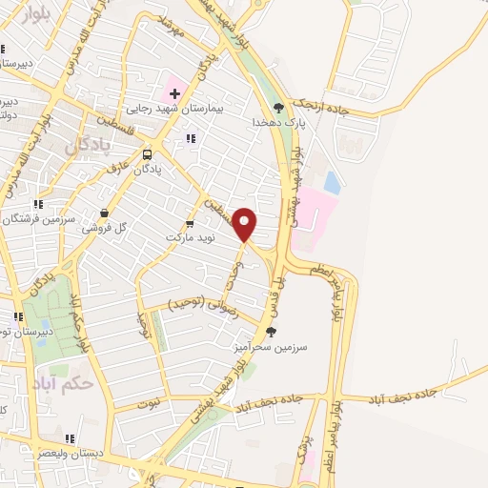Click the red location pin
(245, 224)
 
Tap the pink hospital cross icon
(174, 92)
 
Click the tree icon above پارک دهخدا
(278, 108)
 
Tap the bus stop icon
(148, 154)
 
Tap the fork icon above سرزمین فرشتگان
(37, 204)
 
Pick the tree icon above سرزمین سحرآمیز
(272, 333)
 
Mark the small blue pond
(331, 181)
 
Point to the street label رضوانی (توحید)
(201, 303)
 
